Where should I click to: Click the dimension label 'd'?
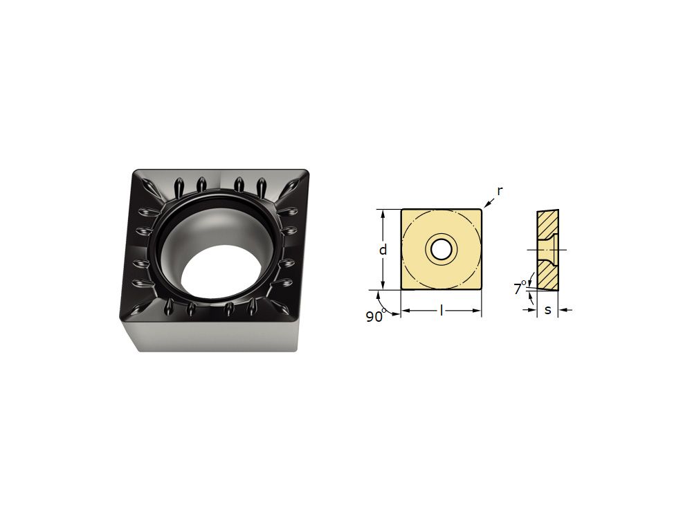[383, 249]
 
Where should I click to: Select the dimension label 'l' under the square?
[441, 311]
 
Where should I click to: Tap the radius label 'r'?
[500, 192]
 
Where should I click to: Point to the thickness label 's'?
[547, 310]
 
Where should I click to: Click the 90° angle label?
[376, 316]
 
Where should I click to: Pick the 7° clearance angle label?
[520, 289]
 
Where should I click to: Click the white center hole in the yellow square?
[441, 250]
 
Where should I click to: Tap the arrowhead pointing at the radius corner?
[486, 205]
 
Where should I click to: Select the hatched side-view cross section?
[547, 250]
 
